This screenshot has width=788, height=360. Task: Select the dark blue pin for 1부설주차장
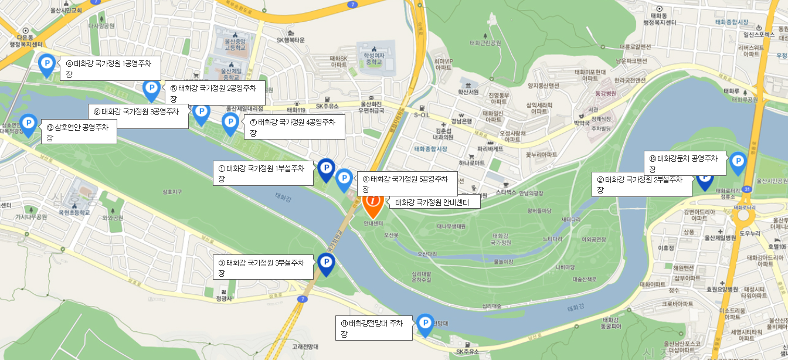326,169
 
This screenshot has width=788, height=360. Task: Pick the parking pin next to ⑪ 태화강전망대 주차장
425,324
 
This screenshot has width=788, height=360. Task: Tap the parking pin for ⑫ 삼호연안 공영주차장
28,124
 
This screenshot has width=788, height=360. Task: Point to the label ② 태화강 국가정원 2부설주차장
641,185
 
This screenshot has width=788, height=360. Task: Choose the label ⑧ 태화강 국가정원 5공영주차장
407,184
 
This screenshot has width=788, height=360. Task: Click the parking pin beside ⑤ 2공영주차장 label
151,89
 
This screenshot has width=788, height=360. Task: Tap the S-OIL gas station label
422,116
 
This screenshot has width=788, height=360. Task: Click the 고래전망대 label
305,347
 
